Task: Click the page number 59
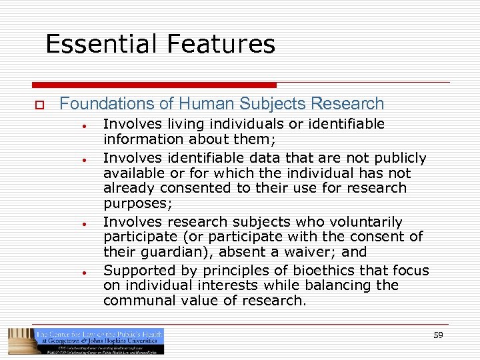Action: point(438,335)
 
